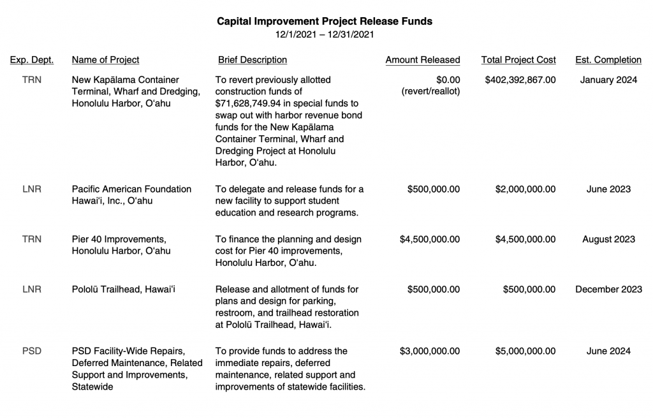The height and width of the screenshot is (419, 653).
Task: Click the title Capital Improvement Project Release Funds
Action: (325, 21)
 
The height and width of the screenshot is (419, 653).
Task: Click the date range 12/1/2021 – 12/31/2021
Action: (325, 34)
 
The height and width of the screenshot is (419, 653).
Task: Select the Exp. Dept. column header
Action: (32, 60)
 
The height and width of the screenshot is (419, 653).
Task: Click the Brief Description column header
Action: (253, 60)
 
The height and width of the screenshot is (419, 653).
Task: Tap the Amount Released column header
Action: (422, 60)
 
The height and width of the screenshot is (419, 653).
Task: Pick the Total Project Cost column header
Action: (518, 60)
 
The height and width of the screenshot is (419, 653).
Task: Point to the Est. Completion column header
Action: (608, 60)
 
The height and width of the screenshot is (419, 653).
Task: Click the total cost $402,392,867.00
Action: (520, 80)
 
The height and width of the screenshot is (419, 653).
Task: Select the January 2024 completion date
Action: (608, 80)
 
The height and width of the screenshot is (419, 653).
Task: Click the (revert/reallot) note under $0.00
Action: (430, 92)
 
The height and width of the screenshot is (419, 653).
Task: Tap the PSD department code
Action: (32, 351)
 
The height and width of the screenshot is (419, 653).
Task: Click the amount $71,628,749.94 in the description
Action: (253, 103)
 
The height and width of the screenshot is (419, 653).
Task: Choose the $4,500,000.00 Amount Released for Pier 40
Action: (430, 240)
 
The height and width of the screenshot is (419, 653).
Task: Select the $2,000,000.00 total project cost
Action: (525, 189)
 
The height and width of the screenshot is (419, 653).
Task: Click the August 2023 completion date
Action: (608, 240)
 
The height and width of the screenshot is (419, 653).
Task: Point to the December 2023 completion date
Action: (608, 290)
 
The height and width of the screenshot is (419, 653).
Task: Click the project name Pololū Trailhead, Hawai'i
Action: (123, 290)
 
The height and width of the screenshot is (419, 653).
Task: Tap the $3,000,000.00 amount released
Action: (430, 351)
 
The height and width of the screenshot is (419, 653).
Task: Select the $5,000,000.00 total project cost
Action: (525, 351)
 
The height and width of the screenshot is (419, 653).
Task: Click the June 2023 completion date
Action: (608, 189)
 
